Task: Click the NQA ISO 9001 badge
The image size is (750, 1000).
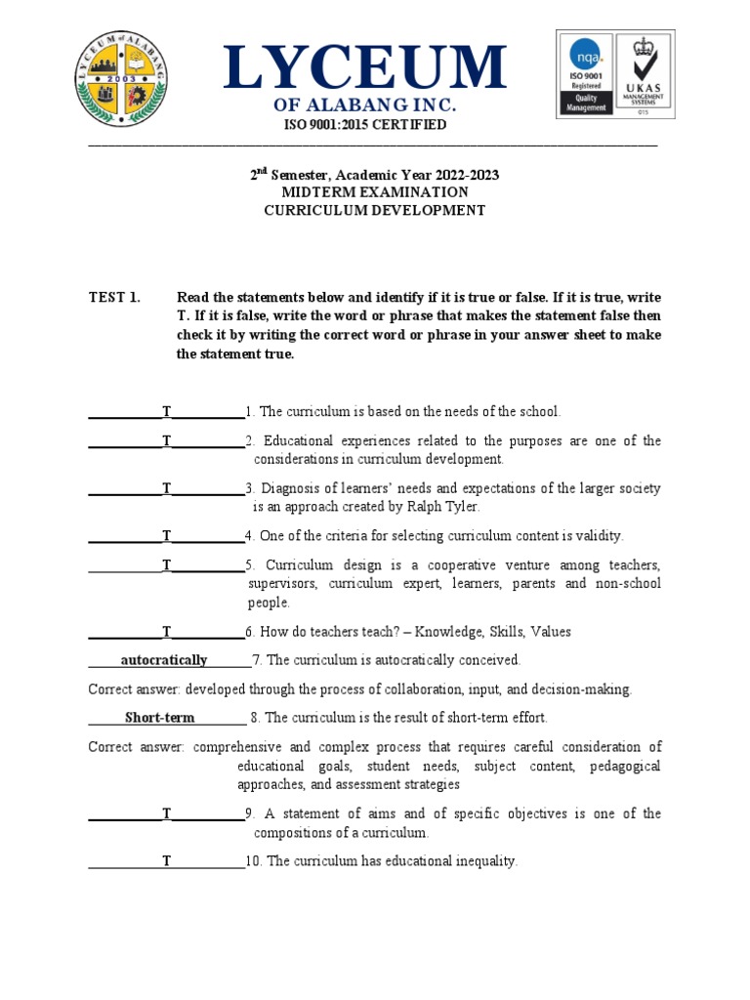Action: tap(585, 72)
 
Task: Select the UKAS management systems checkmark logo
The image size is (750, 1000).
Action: tap(642, 72)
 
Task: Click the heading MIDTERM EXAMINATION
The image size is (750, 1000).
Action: tap(375, 192)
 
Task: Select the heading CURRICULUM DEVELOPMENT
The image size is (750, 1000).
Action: tap(375, 210)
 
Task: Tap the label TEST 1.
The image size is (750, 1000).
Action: tap(114, 297)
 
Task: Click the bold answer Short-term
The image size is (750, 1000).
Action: tap(160, 718)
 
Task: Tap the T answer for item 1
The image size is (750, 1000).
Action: tap(167, 412)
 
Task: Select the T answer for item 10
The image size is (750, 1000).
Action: tap(167, 861)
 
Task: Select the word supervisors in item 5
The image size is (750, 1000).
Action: tap(283, 584)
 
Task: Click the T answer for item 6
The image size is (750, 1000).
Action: tap(167, 632)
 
